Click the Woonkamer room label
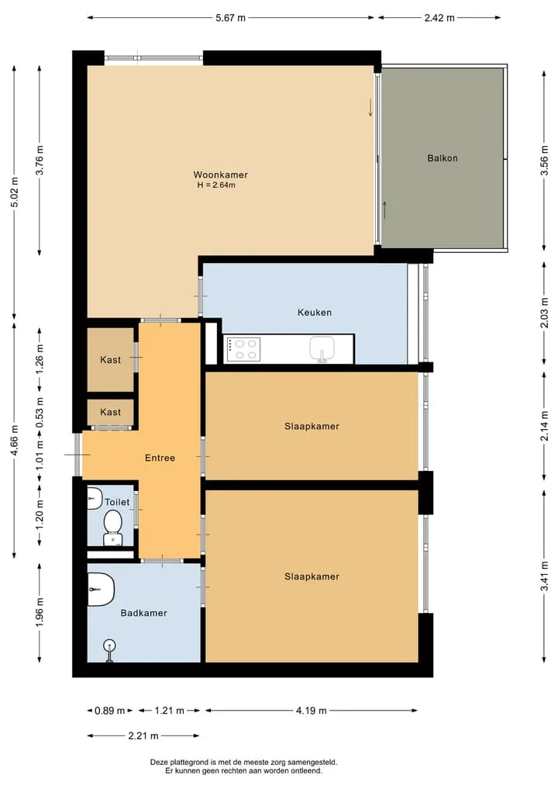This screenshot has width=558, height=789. pos(220,175)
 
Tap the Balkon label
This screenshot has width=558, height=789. pos(443,158)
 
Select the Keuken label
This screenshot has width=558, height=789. pos(315,313)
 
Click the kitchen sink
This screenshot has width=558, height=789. pos(322,348)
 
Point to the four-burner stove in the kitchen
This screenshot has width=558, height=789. pos(244,349)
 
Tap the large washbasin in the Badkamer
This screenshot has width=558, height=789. pos(101,589)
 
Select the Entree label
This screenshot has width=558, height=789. pos(160,458)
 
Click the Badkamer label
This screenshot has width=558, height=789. pos(144,613)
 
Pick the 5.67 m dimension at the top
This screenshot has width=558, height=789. pos(231,18)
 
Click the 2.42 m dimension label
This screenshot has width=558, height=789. pos(439,18)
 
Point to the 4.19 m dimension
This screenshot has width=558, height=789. pos(312,711)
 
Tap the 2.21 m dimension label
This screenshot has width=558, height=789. pos(143,735)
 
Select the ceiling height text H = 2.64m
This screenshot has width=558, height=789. pos(216,185)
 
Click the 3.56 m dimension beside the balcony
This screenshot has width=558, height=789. pos(544,161)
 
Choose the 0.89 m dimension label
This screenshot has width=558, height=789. pos(109,711)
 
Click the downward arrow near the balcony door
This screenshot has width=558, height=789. pos(370,107)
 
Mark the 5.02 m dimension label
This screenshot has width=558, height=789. pos(15,192)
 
